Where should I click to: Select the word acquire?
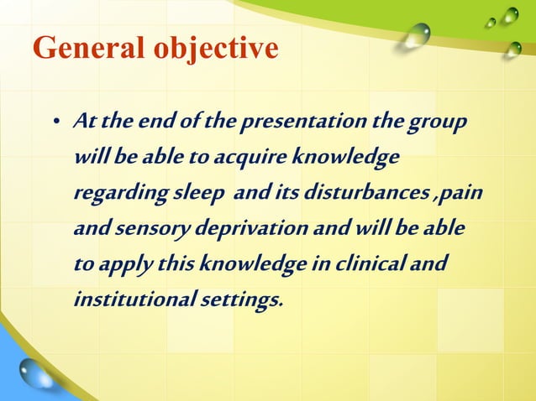click(244, 159)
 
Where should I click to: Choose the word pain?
click(463, 194)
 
